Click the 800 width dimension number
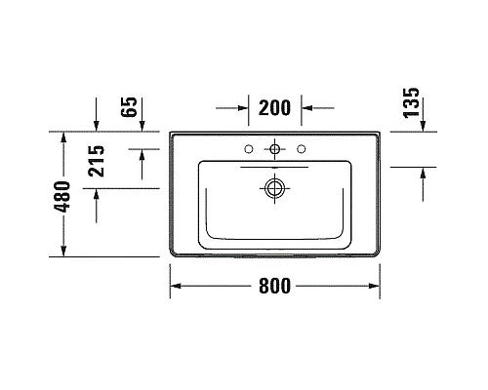[x=275, y=288]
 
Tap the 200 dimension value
[x=275, y=106]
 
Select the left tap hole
[x=252, y=148]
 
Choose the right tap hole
[x=301, y=148]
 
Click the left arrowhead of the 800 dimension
[x=177, y=288]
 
